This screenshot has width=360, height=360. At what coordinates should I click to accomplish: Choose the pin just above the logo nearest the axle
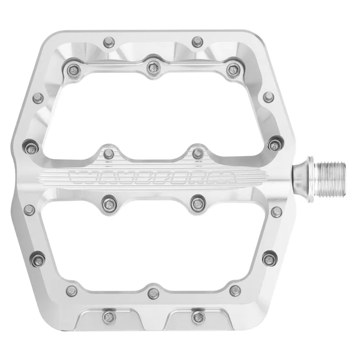point(197,152)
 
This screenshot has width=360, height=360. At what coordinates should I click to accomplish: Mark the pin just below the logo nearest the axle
point(197,203)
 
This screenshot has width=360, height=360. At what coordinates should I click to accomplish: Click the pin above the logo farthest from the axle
point(108,152)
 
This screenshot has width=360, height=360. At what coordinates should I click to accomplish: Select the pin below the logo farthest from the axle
point(108,203)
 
